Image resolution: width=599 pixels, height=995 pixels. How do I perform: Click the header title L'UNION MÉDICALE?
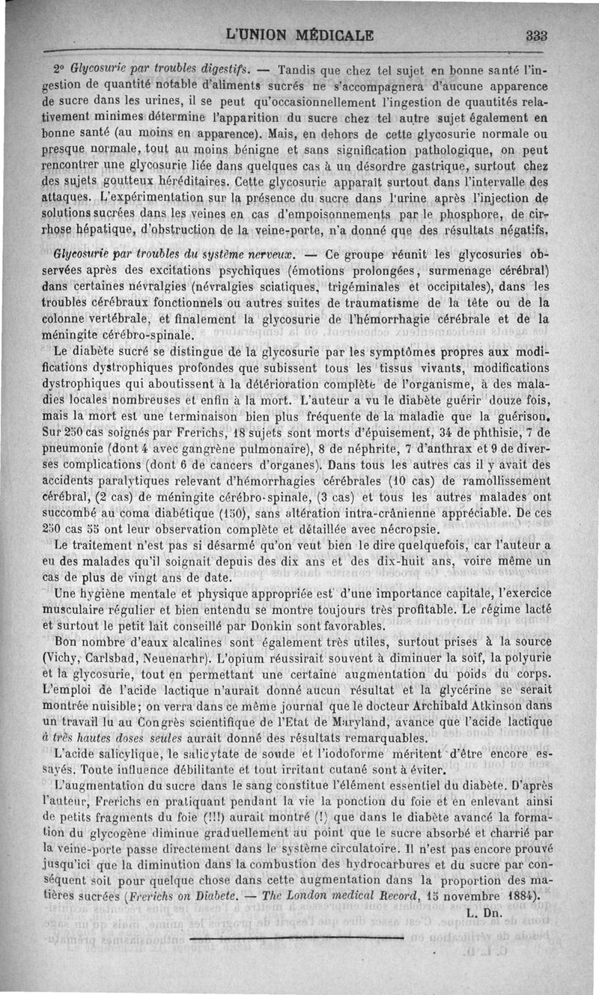pyautogui.click(x=303, y=35)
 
